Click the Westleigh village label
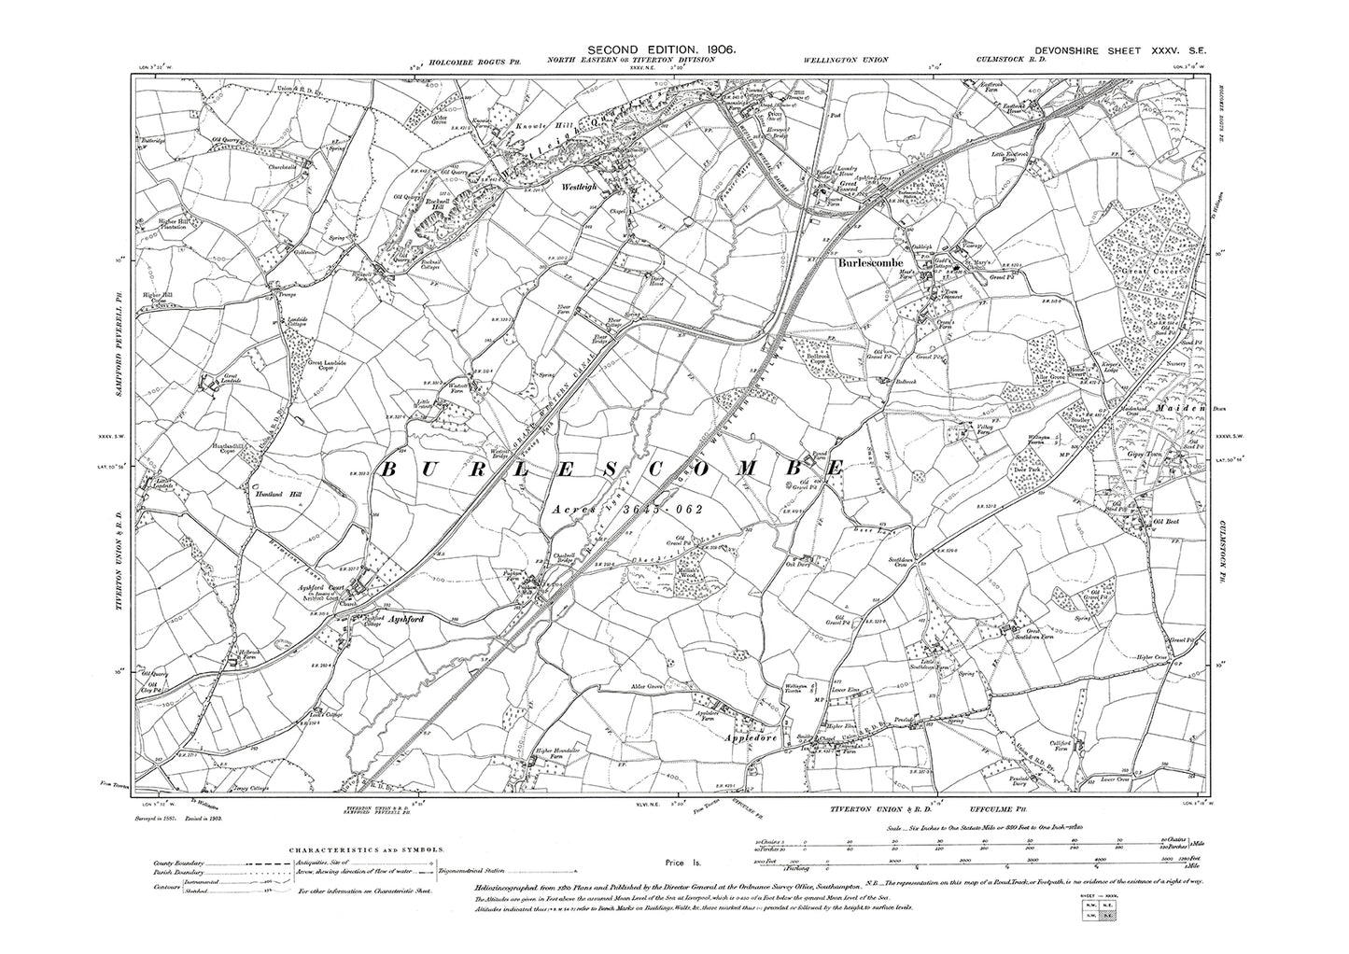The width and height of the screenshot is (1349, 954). pos(582,187)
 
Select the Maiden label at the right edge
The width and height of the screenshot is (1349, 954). pos(1148,408)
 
